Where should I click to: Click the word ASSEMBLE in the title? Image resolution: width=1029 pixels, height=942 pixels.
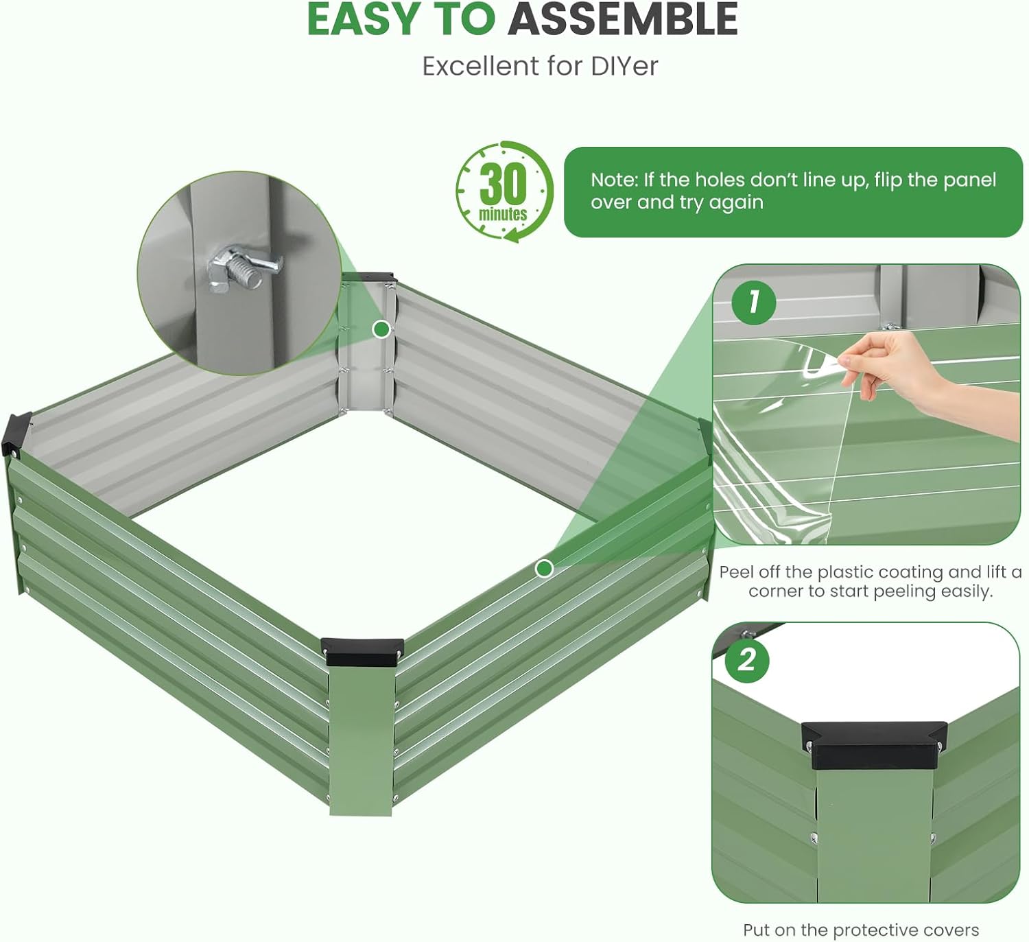coord(623,19)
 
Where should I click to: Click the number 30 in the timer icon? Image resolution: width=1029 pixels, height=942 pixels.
coord(504,184)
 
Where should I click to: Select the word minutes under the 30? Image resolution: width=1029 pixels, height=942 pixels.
coord(503,213)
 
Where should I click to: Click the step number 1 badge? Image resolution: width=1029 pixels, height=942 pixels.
coord(753,302)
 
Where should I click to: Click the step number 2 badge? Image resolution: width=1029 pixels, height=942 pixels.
coord(746,660)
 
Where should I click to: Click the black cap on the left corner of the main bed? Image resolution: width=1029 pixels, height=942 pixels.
coord(16,434)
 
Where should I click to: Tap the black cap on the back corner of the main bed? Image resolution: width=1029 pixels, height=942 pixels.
coord(369,278)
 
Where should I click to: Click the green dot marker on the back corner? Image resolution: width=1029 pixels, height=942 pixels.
coord(381,329)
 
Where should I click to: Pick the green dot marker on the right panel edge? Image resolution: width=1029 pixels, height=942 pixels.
coord(544,569)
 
